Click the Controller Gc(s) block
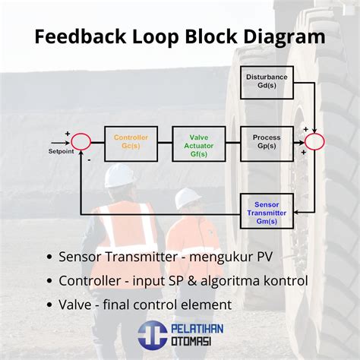pos(131,142)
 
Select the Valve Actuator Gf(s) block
pos(198,142)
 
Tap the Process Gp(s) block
pos(267,142)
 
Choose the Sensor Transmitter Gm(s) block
pos(267,209)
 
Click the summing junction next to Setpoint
pos(81,142)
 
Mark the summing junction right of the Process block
pos(314,142)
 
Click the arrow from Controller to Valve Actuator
pos(165,142)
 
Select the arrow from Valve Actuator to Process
pos(232,142)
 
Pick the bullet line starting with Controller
pos(182,280)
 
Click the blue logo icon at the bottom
pos(152,335)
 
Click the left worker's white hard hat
pos(120,175)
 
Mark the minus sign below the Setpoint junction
pos(88,160)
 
